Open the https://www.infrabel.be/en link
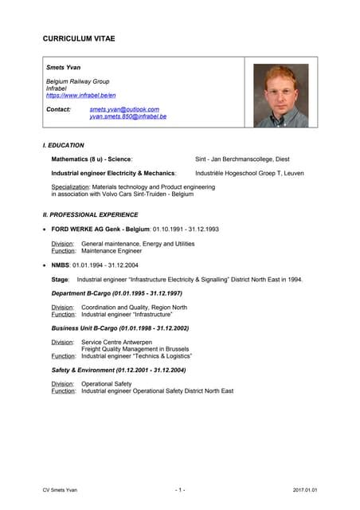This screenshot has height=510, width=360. [81, 95]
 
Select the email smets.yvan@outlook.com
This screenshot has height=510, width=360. [124, 109]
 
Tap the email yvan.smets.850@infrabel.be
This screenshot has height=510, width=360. [128, 116]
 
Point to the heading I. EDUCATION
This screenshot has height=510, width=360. [64, 145]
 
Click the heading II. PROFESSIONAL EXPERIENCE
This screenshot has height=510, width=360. [90, 214]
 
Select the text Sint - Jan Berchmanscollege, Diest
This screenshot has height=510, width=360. [247, 159]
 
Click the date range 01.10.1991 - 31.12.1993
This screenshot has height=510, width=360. [186, 229]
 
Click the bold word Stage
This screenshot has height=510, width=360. [60, 280]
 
